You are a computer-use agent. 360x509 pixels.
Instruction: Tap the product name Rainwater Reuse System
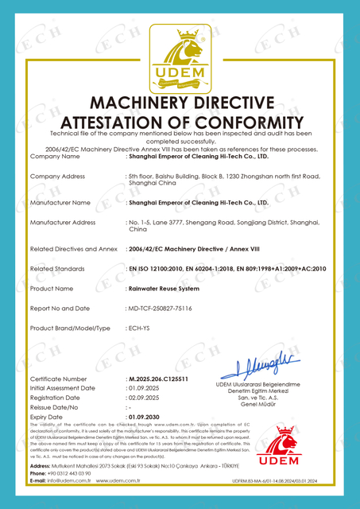[163, 288]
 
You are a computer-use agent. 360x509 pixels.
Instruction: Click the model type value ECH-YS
[140, 328]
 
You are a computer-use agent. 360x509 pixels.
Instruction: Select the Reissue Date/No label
[56, 406]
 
